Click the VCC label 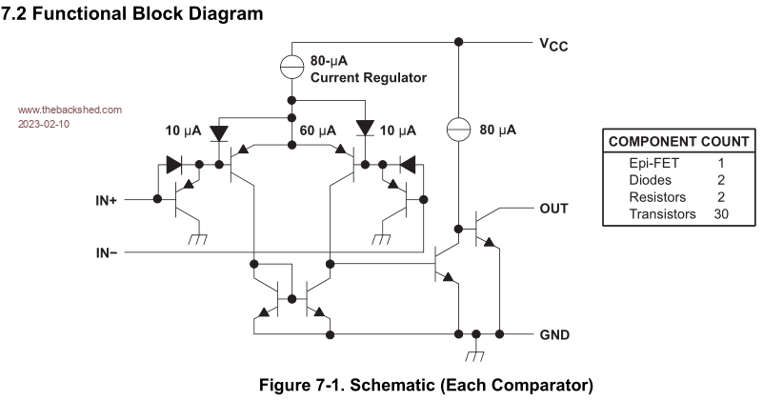tap(552, 44)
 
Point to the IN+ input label tap(108, 200)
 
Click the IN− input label tap(108, 252)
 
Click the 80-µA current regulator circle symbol tap(292, 68)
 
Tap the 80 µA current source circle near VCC tap(458, 128)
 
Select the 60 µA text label tap(318, 130)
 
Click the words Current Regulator tap(368, 77)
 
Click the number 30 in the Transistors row tap(721, 214)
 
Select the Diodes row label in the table tap(651, 180)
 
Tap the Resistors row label tap(657, 197)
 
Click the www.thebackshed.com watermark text tap(70, 110)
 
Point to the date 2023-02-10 tap(44, 124)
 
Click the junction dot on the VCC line tap(458, 42)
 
